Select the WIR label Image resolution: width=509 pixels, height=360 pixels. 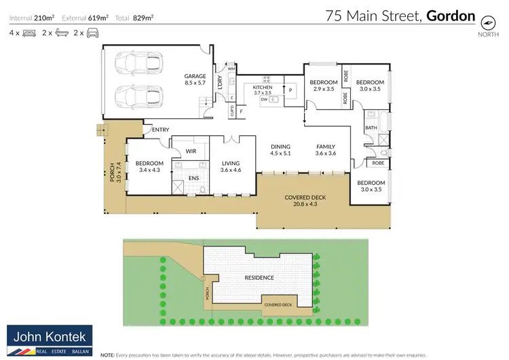tap(191, 151)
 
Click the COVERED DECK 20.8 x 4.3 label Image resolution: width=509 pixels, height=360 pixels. tap(305, 200)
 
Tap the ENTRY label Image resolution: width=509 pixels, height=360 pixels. tap(161, 130)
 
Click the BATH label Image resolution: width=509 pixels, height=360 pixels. tap(371, 128)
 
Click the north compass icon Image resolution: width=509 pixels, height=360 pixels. tap(487, 21)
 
